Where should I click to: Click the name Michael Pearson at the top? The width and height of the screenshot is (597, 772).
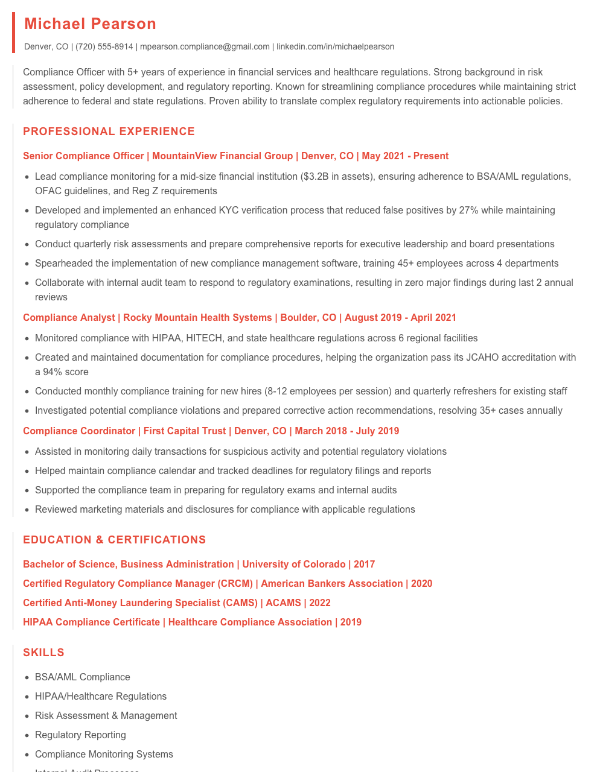(x=90, y=24)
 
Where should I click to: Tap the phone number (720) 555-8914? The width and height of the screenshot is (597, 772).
(x=104, y=46)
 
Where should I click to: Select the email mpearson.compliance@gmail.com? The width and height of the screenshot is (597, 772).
(x=205, y=46)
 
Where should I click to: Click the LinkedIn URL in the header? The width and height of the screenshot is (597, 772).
(x=335, y=46)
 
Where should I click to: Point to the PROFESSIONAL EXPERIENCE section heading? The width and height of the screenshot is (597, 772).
(x=109, y=131)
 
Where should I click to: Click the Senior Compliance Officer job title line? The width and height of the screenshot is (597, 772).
(x=235, y=156)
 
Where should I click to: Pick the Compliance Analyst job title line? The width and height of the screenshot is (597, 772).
(x=239, y=318)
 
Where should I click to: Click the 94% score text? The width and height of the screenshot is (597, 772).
(x=66, y=372)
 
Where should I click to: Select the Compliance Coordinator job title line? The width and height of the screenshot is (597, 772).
(x=211, y=431)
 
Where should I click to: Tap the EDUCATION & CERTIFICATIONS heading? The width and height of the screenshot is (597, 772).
(x=114, y=540)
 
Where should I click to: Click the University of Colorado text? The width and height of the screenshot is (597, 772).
(x=294, y=565)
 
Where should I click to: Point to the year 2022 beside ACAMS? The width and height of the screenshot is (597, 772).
(x=320, y=603)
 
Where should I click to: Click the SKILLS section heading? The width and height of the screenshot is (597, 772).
(x=43, y=653)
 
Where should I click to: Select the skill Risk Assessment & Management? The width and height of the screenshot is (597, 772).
(x=106, y=716)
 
